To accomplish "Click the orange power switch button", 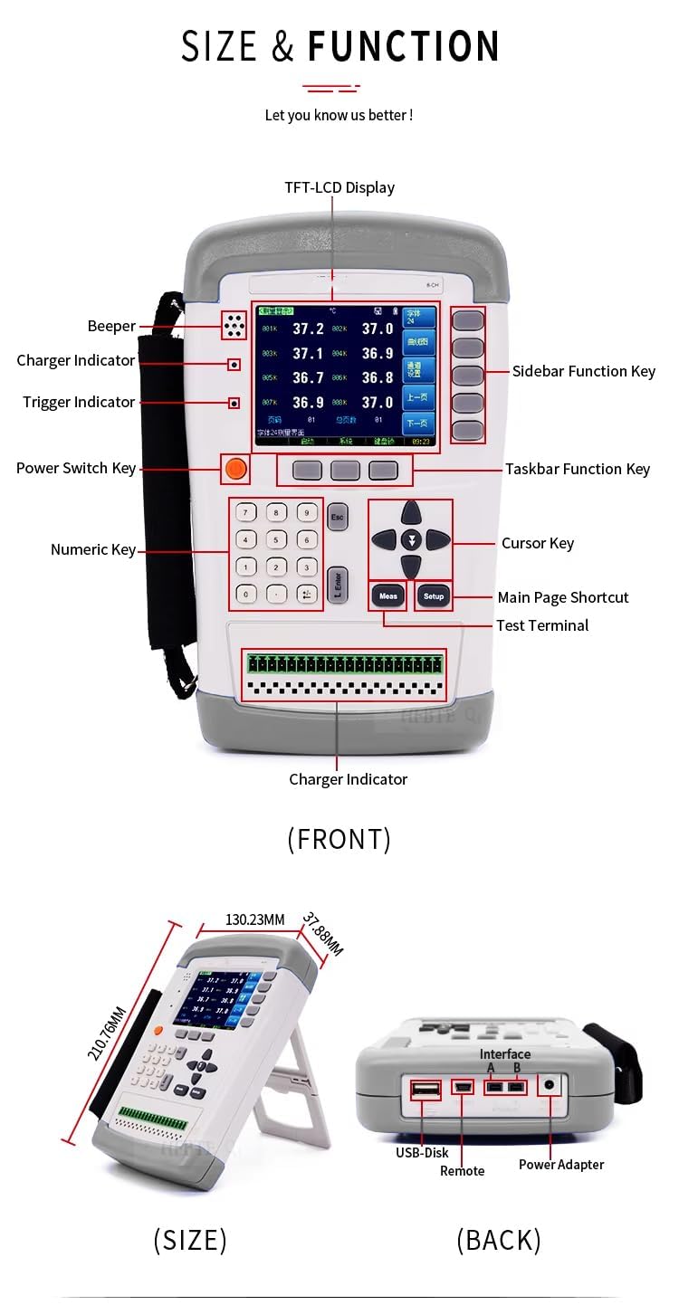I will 235,468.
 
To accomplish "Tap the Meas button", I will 387,595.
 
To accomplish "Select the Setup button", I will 434,595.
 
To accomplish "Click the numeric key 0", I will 246,595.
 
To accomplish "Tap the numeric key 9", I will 308,512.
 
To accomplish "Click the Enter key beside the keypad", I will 337,584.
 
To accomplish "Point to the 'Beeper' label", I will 111,326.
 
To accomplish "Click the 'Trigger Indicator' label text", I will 79,402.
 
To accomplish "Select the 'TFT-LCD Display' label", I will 339,187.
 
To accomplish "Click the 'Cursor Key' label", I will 538,543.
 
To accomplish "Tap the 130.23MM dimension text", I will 255,919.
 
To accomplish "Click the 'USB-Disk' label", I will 422,1152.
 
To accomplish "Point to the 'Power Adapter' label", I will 561,1164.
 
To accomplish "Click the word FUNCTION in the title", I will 403,46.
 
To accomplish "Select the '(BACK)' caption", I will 499,1239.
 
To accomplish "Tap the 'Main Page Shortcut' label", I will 563,597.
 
